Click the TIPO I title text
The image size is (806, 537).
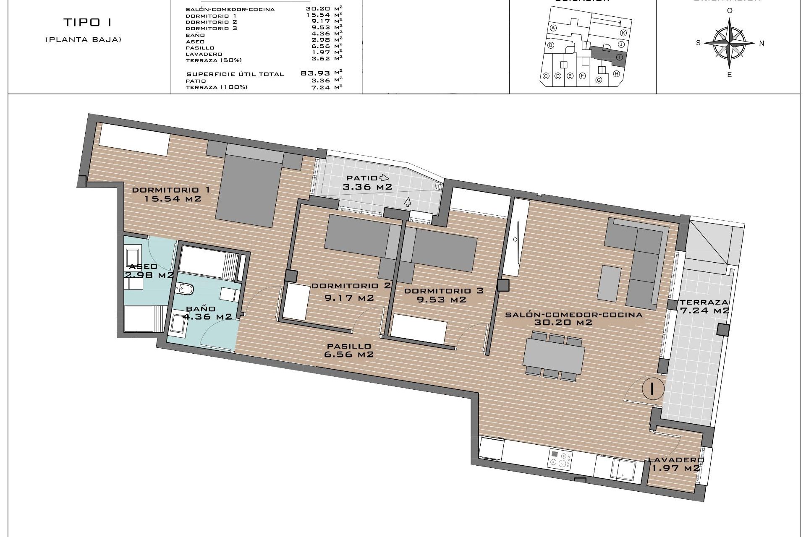click(88, 22)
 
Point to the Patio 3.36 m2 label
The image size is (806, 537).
click(367, 182)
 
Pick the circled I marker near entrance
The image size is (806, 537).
click(652, 388)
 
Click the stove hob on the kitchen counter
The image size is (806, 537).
click(560, 459)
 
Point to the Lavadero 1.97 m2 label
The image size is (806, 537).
click(676, 464)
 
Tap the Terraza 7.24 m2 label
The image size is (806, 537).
click(704, 306)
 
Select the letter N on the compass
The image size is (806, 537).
click(762, 43)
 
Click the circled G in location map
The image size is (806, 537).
click(599, 80)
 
